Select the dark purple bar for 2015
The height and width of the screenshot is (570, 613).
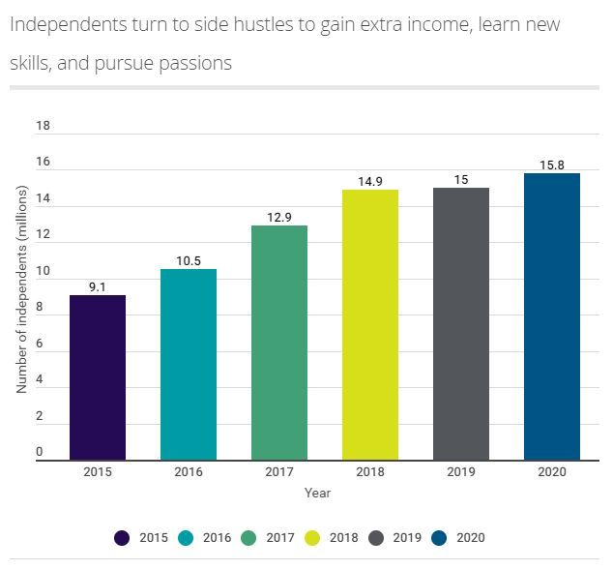coord(98,377)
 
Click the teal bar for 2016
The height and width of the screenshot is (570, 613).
coord(189,365)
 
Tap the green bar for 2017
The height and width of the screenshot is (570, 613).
coord(279,343)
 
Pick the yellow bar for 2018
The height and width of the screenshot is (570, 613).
coord(370,324)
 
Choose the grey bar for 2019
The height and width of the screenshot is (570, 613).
coord(461,323)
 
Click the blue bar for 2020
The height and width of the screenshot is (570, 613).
coord(552,316)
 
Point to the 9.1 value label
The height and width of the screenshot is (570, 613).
coord(98,285)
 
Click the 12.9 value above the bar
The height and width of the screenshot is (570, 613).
coord(279,217)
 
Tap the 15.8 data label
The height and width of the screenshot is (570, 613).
coord(552,165)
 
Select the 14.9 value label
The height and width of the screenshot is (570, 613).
coord(370,181)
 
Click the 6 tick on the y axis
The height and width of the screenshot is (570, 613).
coord(40,344)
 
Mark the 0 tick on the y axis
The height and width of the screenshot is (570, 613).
coord(40,452)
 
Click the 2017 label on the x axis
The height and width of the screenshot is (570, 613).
coord(279,472)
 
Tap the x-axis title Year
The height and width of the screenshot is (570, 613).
coord(317,493)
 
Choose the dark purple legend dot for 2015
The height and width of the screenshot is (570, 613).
coord(122,538)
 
